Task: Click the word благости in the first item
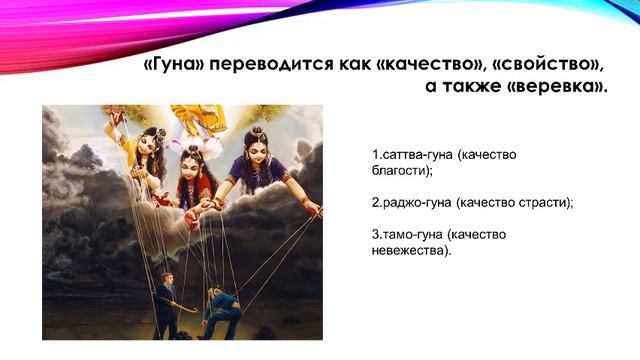click(396, 171)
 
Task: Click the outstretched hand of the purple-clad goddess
click(314, 208)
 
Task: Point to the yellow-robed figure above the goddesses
click(198, 120)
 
